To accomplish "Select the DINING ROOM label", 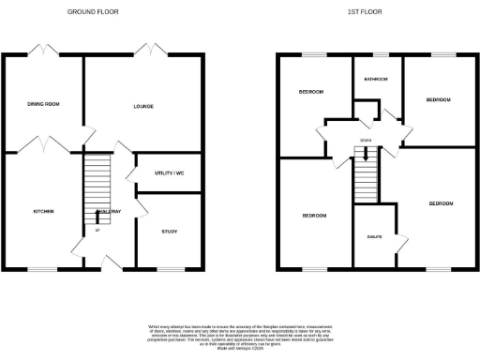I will [43, 104].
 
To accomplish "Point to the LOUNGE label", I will [142, 107].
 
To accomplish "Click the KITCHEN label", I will [43, 211].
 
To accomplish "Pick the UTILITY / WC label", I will [167, 173].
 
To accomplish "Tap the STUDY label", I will [169, 231].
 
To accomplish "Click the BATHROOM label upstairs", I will [377, 80].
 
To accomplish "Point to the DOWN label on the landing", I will [364, 142].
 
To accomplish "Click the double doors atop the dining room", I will [43, 51].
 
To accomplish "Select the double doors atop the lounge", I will [149, 51].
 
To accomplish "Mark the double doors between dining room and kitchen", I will [48, 146].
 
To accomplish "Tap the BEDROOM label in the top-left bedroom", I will [311, 92].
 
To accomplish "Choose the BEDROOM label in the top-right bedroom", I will [439, 98].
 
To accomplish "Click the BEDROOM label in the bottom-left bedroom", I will [314, 216].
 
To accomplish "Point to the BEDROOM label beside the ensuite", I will [441, 203].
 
